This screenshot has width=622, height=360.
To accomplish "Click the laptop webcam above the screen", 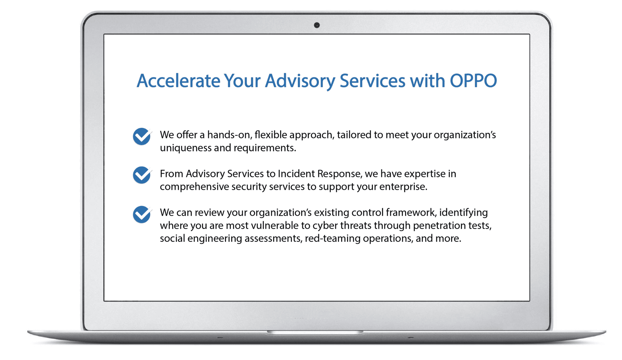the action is [317, 25].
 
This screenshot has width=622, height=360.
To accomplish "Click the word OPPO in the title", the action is [473, 81].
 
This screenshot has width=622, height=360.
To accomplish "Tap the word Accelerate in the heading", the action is [178, 81].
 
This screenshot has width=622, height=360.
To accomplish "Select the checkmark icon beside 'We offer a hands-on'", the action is [142, 136].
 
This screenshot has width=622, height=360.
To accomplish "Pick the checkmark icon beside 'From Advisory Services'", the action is [142, 175].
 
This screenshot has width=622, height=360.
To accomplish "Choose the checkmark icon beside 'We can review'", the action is [142, 215].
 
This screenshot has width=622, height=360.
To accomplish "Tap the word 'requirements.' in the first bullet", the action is [265, 148].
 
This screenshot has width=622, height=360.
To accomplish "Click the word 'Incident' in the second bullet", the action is [296, 174].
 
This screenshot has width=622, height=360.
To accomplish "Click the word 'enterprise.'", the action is [403, 187].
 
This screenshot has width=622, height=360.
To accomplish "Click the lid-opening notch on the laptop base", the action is [315, 332].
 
